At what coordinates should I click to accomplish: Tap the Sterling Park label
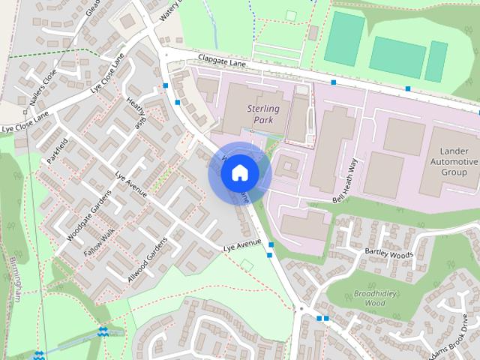262,114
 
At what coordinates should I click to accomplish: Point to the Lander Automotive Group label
452,161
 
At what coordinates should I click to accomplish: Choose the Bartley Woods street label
388,253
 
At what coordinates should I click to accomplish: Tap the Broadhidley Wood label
368,298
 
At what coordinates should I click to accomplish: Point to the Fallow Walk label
97,244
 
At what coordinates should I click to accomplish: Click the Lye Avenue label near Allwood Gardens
241,245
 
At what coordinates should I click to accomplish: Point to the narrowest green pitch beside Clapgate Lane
436,61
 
